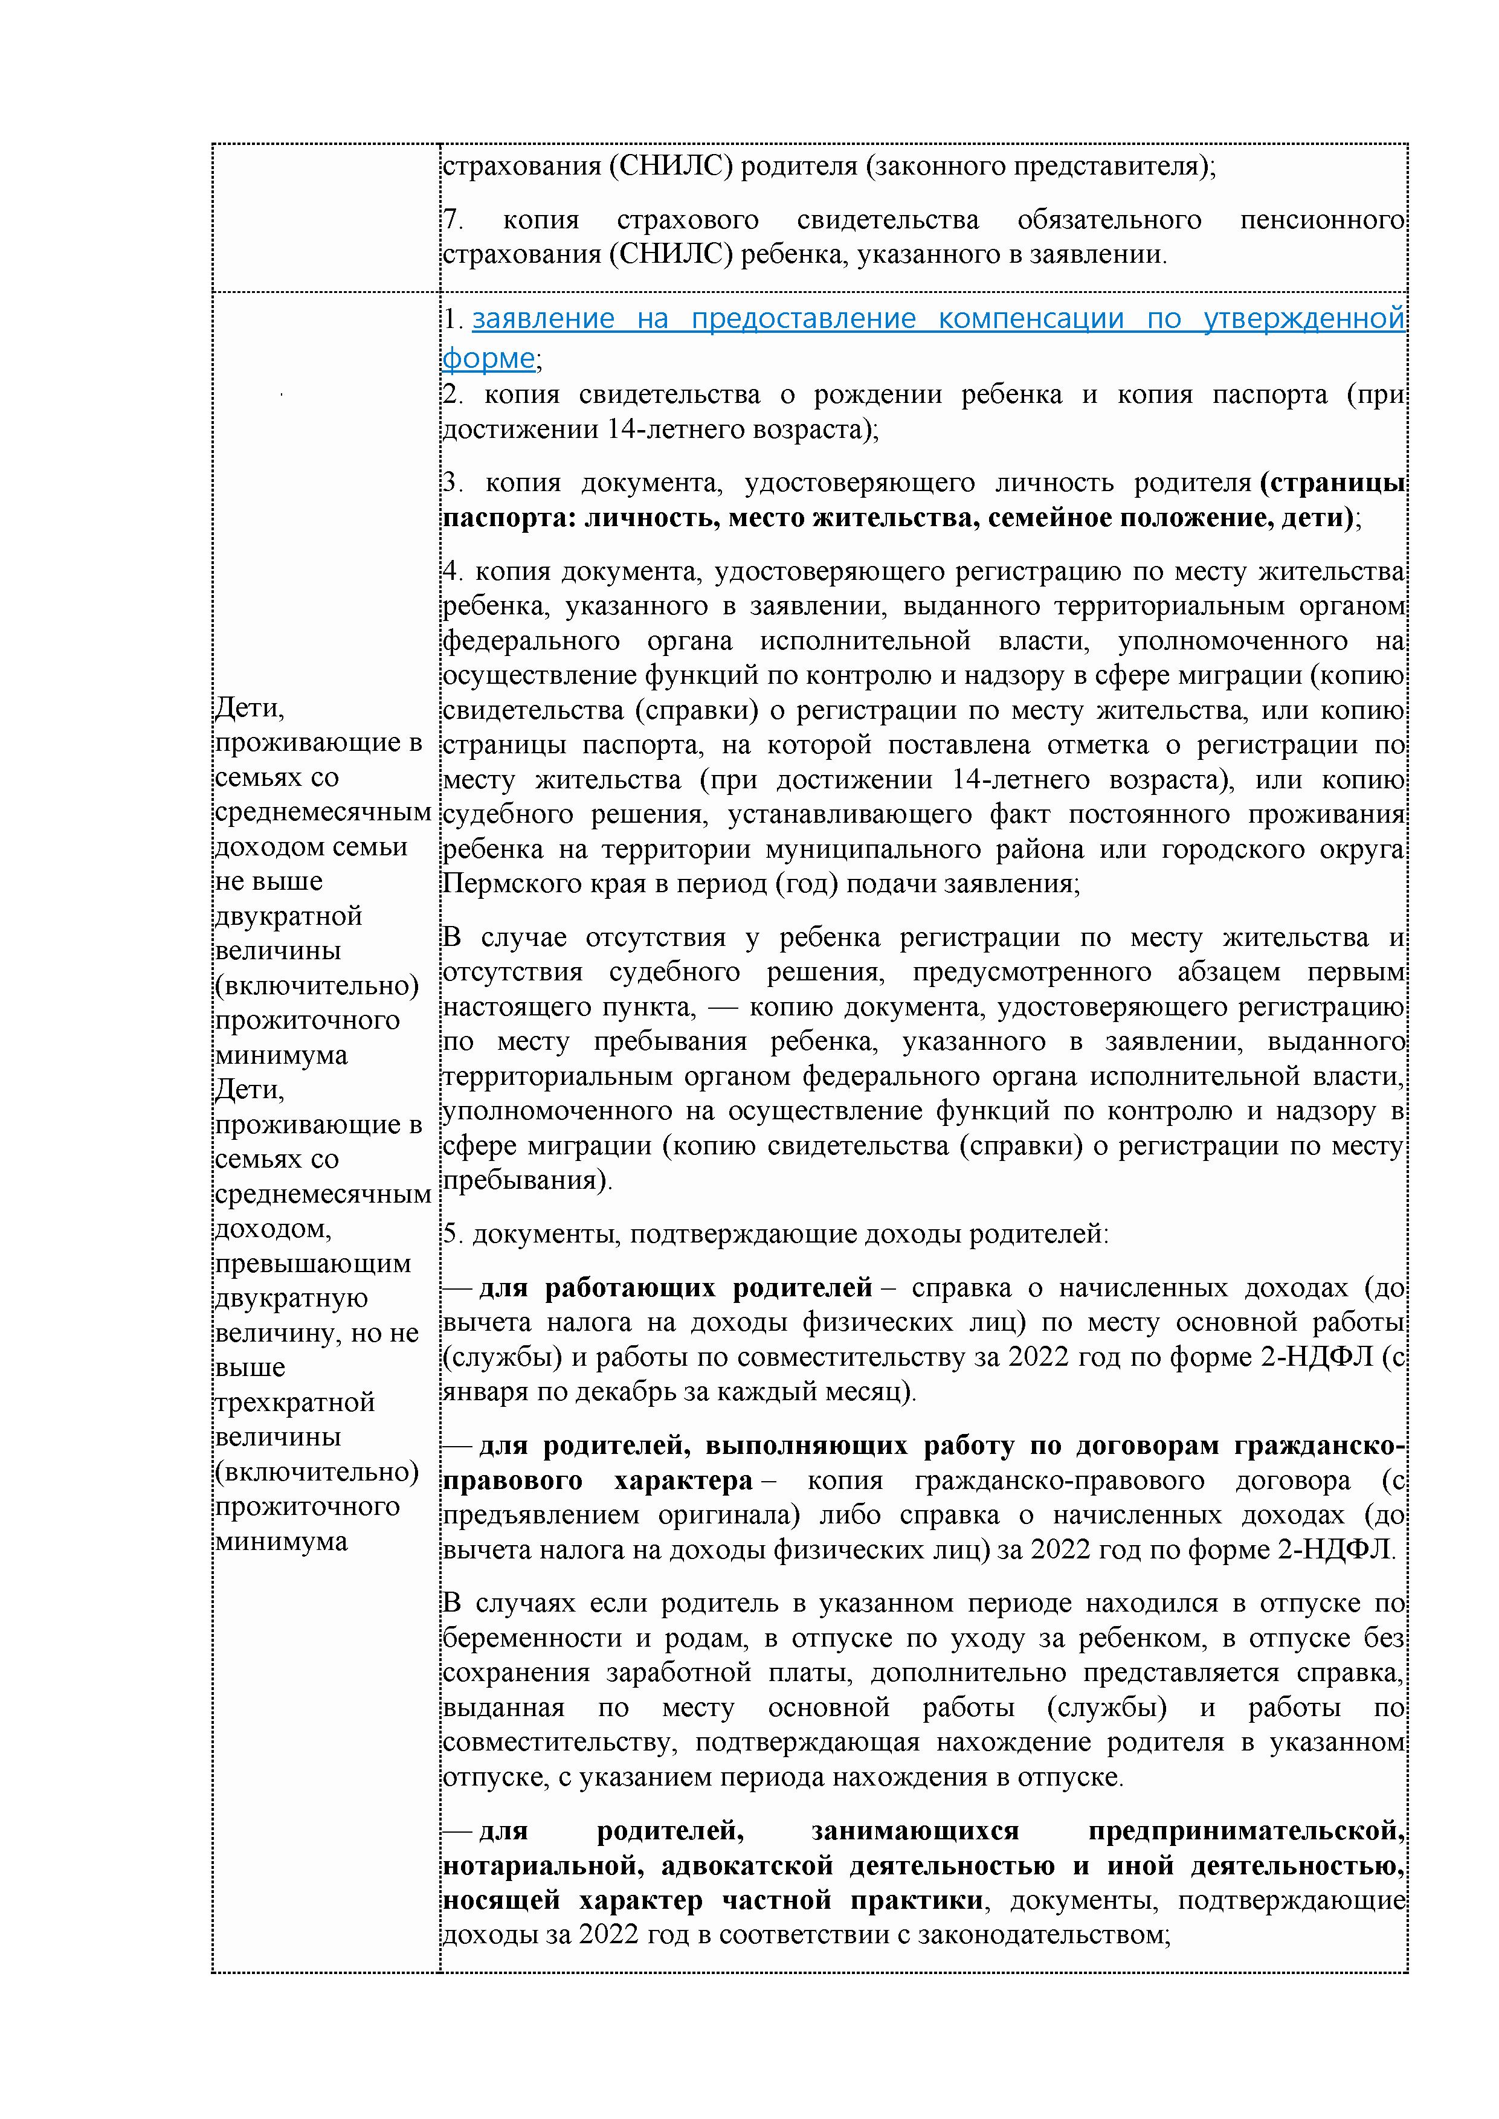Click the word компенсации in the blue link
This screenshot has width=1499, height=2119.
pos(1030,320)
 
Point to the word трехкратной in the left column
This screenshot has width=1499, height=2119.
pos(294,1402)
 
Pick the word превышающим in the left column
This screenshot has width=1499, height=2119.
pos(312,1264)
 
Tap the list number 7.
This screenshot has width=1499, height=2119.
pos(453,220)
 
